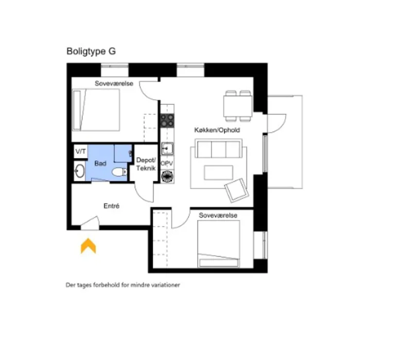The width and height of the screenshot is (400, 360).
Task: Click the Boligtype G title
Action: coord(91,51)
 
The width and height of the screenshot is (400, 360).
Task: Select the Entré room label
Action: coord(112,206)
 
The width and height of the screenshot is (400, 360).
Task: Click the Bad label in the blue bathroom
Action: coord(100,164)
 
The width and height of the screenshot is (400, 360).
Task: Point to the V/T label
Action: coord(81,152)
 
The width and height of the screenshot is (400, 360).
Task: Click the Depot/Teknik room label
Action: coord(146,164)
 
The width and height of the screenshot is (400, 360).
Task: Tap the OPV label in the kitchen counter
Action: coord(167,163)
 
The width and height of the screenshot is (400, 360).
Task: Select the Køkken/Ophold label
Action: coord(217,130)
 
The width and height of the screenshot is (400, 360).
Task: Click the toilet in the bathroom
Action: coord(119,172)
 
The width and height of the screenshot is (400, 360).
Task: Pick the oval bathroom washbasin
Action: coord(80,171)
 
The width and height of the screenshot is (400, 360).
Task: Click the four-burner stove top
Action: coord(167,121)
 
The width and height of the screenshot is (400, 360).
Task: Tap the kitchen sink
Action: coord(167,149)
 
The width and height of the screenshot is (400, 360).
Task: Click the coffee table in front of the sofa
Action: coord(219,173)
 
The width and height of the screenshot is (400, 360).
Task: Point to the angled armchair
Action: coord(237,190)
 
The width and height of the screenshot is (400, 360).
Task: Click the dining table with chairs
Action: coord(238,106)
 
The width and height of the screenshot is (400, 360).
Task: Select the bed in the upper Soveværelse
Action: coord(96,110)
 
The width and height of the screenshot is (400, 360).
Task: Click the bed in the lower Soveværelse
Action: coord(219,244)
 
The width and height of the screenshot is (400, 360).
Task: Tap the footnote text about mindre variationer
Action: coord(123,285)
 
